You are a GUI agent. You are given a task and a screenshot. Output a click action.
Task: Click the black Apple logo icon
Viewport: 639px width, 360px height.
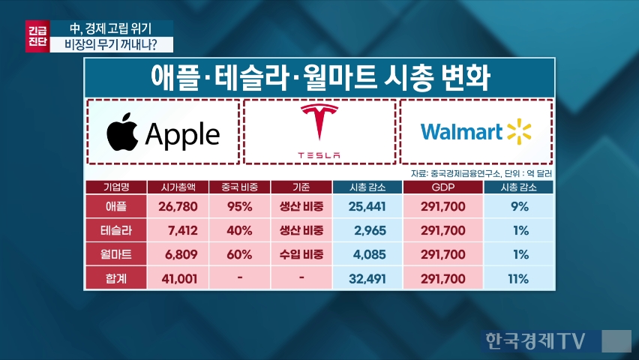click(x=122, y=132)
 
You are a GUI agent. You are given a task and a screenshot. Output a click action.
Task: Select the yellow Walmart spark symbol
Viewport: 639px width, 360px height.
click(x=519, y=132)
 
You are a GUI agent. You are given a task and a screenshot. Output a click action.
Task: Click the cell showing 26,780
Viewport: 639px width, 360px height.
click(x=178, y=206)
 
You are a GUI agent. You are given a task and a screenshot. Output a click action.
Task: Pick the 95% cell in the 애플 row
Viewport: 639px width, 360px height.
click(x=240, y=206)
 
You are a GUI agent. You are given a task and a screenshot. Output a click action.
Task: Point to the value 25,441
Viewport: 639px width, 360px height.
click(x=367, y=206)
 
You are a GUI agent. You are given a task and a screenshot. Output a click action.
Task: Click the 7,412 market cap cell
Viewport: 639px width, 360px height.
click(x=178, y=230)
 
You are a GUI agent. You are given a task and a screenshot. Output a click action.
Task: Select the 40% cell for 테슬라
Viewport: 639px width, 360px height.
click(x=240, y=230)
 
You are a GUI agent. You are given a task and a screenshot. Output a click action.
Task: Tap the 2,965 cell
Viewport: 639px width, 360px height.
click(x=367, y=230)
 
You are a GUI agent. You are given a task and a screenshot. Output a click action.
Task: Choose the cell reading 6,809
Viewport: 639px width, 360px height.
click(x=178, y=254)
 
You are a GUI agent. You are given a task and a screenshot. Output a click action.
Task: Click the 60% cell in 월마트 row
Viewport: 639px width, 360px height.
click(x=240, y=254)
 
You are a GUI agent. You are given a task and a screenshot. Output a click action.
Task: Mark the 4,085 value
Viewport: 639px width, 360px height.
click(x=367, y=254)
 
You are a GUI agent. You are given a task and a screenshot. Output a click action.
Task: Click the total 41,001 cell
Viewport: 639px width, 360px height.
click(x=178, y=278)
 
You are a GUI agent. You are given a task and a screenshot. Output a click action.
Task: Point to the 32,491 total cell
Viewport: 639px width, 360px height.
click(x=367, y=278)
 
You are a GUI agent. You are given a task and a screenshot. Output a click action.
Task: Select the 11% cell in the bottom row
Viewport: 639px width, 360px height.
click(x=518, y=278)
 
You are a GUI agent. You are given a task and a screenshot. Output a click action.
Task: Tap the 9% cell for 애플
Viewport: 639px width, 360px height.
click(x=518, y=206)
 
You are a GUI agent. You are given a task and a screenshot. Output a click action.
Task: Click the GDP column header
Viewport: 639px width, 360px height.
click(x=443, y=187)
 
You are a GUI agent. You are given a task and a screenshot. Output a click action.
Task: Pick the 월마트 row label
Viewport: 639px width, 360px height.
click(x=116, y=254)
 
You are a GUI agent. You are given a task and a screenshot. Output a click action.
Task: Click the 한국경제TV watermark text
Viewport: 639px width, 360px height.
click(x=535, y=340)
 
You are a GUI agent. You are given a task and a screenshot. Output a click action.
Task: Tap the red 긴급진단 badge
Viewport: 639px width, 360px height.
click(x=37, y=36)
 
